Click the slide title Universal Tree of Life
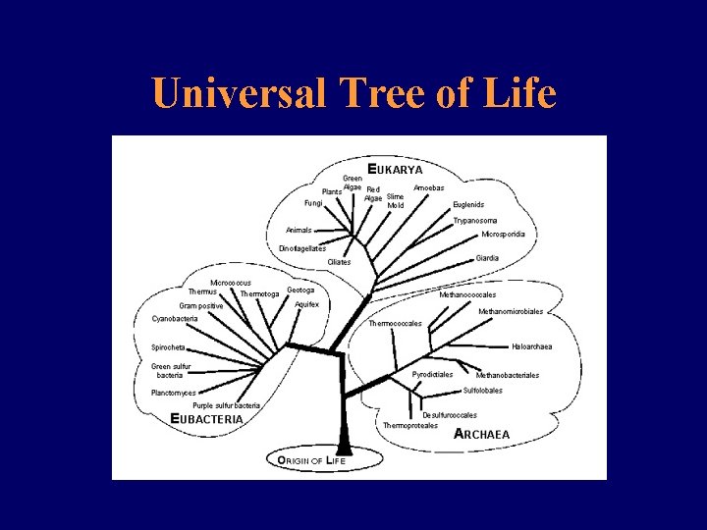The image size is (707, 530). (353, 94)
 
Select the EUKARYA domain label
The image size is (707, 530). (395, 169)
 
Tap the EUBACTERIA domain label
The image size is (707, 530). (206, 418)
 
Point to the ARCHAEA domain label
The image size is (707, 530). (481, 434)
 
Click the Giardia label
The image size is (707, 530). (487, 258)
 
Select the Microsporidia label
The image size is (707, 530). (503, 235)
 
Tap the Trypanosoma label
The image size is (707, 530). (475, 221)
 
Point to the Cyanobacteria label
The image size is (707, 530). (175, 318)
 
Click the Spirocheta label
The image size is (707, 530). (168, 347)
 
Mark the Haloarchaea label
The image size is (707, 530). (531, 346)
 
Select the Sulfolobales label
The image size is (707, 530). (482, 390)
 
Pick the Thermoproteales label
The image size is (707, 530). (410, 425)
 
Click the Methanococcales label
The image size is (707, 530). (467, 294)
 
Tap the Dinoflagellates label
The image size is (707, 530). (302, 248)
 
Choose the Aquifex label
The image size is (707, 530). (306, 304)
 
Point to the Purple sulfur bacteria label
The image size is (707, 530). (227, 405)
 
